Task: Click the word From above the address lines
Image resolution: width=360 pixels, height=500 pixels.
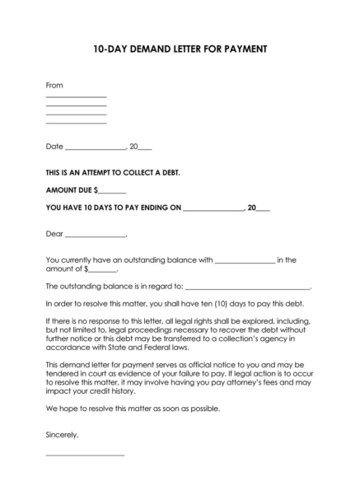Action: click(x=54, y=85)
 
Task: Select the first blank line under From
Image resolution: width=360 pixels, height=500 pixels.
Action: click(x=76, y=97)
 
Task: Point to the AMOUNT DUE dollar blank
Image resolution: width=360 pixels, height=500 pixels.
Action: click(x=110, y=191)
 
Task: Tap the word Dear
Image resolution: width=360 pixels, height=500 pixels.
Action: click(x=54, y=233)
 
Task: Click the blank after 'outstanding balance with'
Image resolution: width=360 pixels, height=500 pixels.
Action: click(x=245, y=261)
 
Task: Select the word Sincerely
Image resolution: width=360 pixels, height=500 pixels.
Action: click(x=63, y=433)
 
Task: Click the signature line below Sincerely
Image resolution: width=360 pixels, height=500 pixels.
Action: click(x=85, y=455)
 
